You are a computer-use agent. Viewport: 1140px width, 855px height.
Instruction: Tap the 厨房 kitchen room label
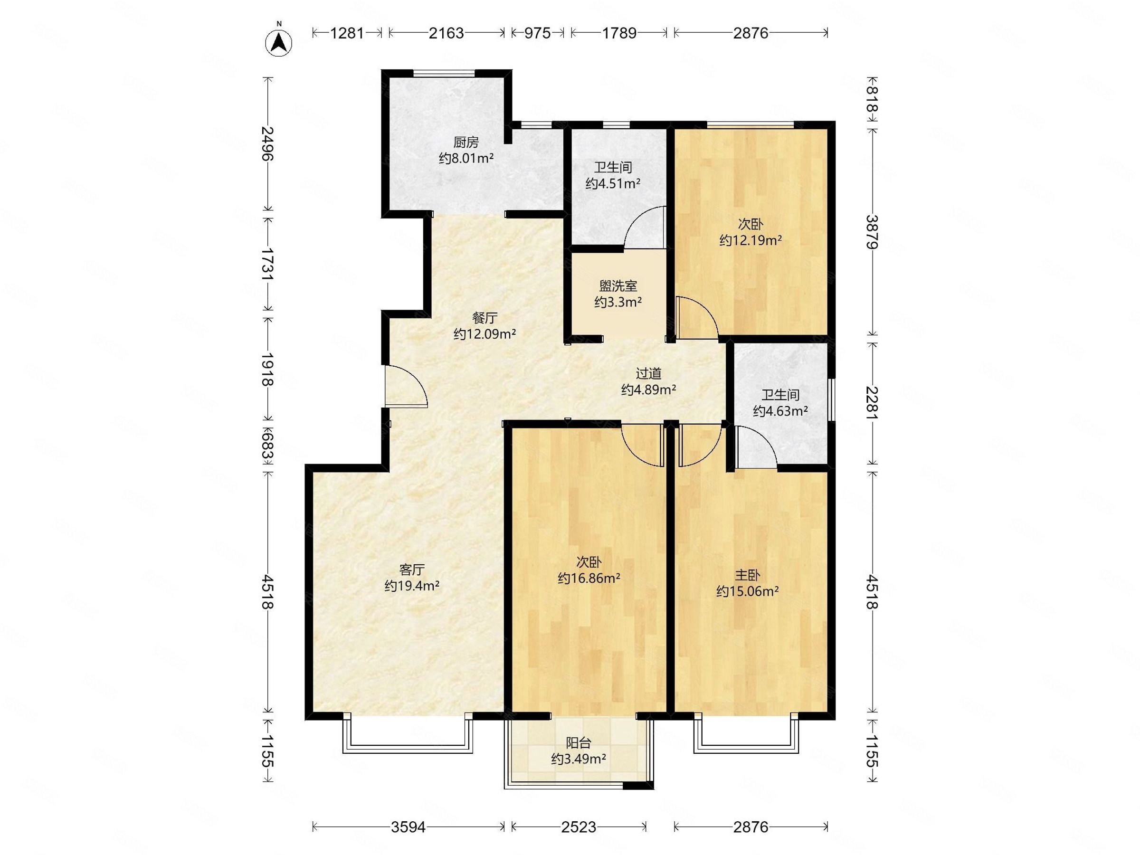(466, 142)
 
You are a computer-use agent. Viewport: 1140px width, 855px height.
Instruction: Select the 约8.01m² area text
(466, 158)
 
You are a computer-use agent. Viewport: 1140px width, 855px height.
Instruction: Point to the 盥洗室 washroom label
(618, 285)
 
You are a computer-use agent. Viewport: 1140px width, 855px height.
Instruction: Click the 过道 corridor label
(648, 373)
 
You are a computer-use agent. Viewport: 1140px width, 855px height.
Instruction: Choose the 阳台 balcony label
(578, 742)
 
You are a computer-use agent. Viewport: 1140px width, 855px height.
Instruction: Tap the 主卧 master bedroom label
(747, 575)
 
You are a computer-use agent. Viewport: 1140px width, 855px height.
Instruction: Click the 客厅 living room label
(412, 569)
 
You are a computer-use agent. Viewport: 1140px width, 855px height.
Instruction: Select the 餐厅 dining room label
(484, 317)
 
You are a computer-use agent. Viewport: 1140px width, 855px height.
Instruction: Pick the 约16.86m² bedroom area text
(589, 578)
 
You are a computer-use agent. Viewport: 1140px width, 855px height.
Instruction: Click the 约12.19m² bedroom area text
(751, 240)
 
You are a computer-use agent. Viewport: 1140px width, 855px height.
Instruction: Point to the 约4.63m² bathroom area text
(780, 411)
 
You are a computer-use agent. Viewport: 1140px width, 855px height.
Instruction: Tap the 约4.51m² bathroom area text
(613, 183)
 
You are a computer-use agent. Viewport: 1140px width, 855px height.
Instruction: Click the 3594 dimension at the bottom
(408, 827)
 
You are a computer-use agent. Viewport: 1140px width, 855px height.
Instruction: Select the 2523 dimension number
(579, 827)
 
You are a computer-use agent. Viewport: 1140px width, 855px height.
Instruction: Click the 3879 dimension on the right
(871, 232)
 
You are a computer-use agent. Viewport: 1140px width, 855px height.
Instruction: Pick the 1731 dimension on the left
(267, 264)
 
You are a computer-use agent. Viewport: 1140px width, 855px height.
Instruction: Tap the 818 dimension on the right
(871, 100)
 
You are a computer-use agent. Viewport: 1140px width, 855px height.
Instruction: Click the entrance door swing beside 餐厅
(406, 386)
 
